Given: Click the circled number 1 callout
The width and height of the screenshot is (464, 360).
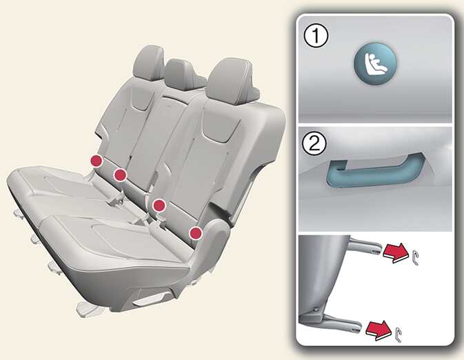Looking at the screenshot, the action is tap(316, 36).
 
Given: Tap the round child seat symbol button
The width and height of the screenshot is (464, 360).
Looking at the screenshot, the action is tap(375, 63).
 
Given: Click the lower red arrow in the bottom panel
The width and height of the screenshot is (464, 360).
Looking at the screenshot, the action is tap(379, 330).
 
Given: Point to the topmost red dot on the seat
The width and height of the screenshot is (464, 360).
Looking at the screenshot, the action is tap(97, 161).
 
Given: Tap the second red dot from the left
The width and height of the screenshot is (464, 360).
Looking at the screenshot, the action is tap(120, 175).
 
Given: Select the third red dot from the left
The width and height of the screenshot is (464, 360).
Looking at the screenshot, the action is tap(159, 205).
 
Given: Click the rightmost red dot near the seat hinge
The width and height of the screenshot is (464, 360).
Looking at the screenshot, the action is tap(196, 233).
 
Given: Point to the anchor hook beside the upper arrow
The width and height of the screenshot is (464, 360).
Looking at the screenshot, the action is tap(414, 255).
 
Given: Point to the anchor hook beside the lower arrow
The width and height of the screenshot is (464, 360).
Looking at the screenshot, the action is tap(399, 334).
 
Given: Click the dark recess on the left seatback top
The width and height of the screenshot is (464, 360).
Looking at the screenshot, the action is tap(141, 99).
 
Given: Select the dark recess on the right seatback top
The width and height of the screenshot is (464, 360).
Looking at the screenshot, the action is tap(221, 127).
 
